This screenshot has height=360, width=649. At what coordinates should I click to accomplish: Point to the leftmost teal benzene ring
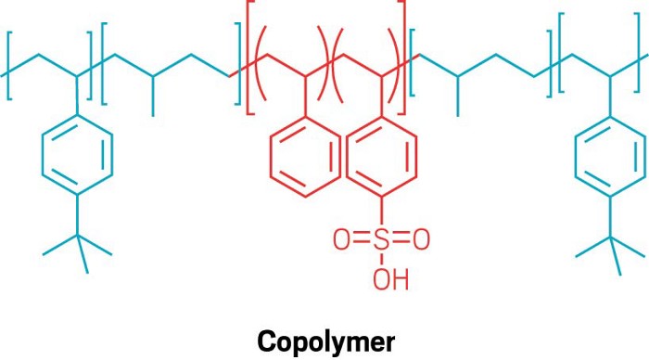coord(78,154)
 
